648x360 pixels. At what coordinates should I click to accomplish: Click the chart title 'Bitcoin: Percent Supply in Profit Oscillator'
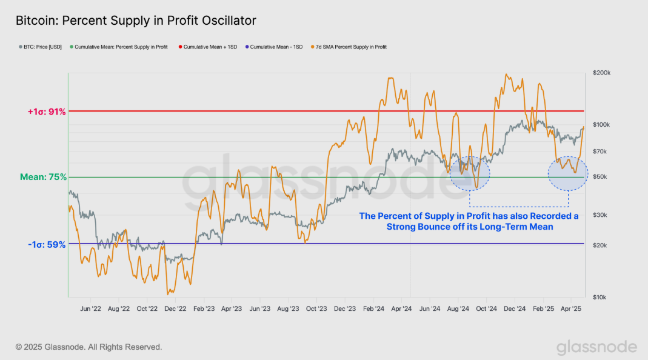(136, 21)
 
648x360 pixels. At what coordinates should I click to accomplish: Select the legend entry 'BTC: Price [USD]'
(39, 47)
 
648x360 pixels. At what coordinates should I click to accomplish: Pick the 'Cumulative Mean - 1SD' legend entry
(276, 47)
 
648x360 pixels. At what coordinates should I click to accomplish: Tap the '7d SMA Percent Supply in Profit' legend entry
(350, 47)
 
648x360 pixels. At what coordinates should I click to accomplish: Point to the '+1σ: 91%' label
(47, 112)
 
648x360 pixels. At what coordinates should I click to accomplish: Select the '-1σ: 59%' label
(47, 245)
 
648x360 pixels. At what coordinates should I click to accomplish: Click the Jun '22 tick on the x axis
(90, 308)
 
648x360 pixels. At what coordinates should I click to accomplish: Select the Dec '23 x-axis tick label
(344, 308)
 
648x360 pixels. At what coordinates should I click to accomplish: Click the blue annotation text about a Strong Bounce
(469, 221)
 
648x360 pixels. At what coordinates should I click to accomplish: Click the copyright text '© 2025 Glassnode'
(89, 347)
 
